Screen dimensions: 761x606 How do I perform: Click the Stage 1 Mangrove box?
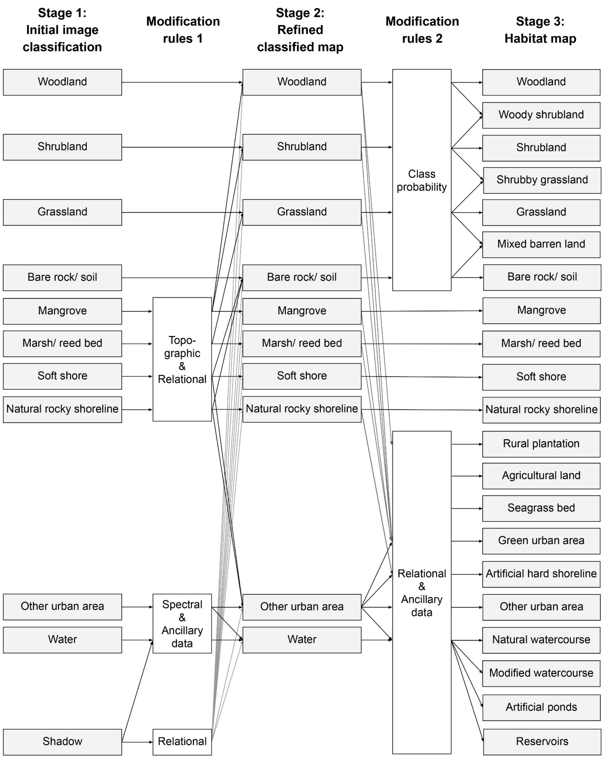(63, 311)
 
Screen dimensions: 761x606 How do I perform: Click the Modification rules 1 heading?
(183, 30)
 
